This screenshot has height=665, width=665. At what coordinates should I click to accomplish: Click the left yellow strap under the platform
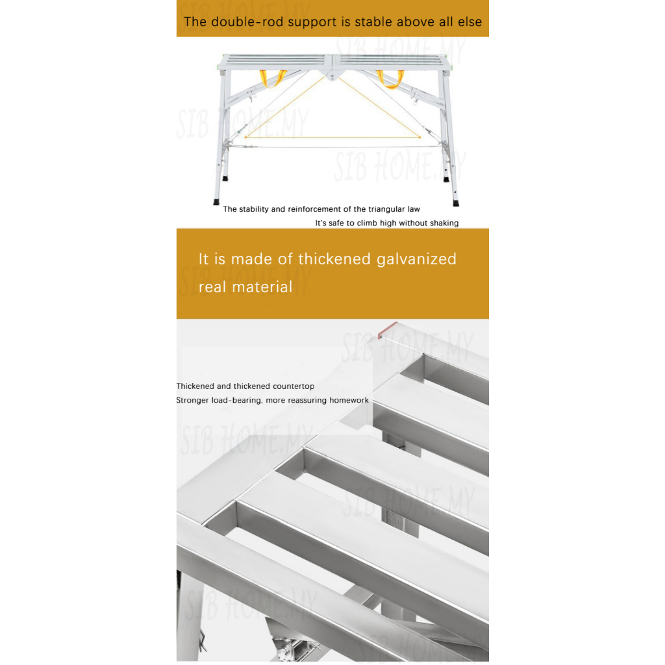[x=273, y=78]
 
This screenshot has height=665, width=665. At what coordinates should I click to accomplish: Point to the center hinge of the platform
[x=333, y=76]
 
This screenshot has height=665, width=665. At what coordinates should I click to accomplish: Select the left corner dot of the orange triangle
[x=245, y=137]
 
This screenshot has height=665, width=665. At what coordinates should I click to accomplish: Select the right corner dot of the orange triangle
[x=420, y=137]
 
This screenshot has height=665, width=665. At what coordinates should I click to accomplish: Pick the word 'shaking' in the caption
[x=444, y=223]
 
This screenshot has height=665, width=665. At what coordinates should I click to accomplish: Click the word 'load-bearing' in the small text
[x=238, y=400]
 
